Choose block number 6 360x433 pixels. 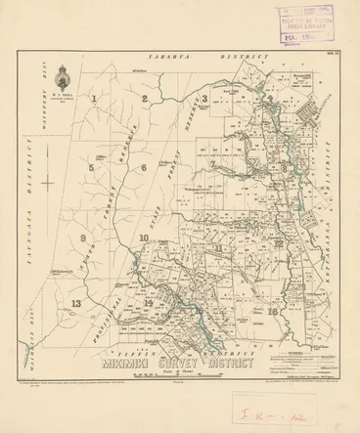point(144,168)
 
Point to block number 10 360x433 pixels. point(144,238)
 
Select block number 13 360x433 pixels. point(75,306)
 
